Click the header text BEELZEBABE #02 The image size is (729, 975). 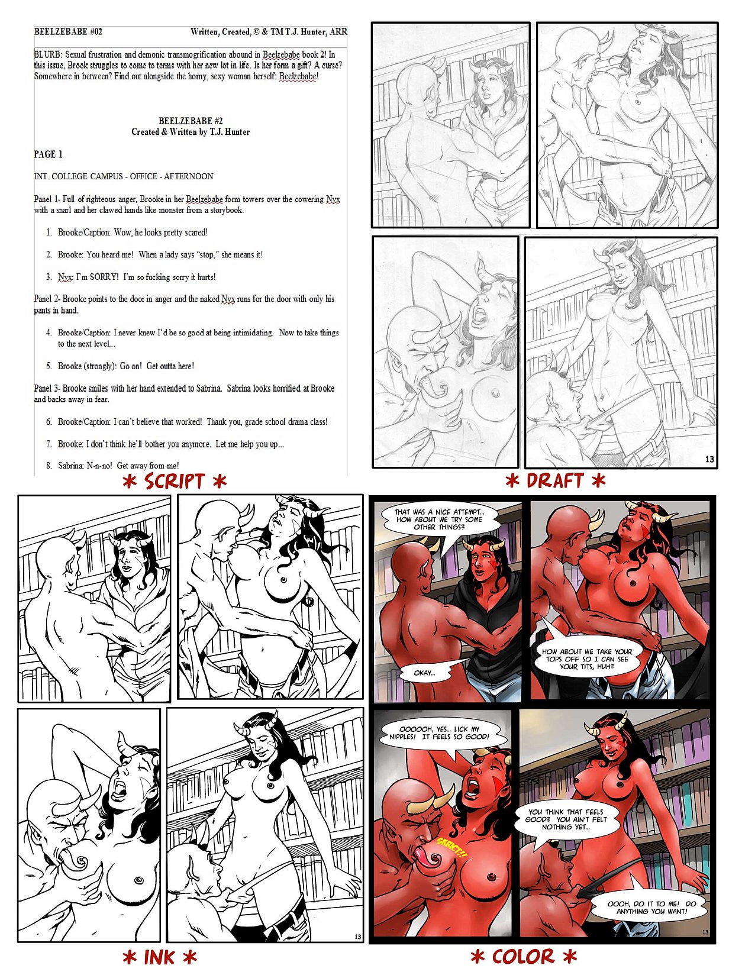[68, 32]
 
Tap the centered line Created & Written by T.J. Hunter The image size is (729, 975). [190, 132]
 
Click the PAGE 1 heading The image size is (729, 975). [49, 154]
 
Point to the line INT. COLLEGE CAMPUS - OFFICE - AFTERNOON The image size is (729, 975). [124, 176]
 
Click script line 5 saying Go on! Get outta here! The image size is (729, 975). [120, 366]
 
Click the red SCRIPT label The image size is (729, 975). [175, 482]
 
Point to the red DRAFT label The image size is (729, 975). [555, 480]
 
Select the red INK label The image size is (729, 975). [160, 958]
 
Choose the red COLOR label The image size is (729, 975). [524, 956]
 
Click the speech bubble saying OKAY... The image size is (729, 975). [425, 673]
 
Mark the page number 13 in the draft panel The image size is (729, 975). [709, 459]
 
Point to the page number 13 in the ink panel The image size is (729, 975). [357, 937]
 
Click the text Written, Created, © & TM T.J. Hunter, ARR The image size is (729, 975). [269, 32]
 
